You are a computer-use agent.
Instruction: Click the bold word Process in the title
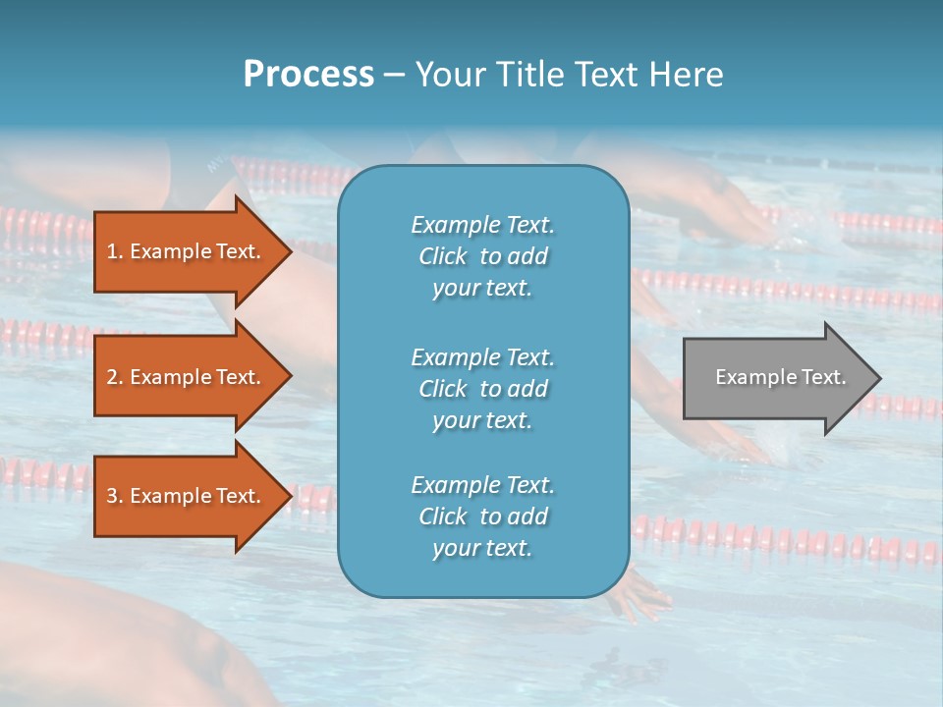pos(308,75)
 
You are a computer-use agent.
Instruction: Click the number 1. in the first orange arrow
pos(115,251)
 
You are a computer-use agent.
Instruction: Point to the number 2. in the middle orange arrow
pos(115,377)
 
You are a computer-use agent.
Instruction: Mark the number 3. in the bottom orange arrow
pos(115,496)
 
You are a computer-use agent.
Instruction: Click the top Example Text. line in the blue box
pos(482,225)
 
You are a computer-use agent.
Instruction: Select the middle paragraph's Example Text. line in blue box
pos(482,357)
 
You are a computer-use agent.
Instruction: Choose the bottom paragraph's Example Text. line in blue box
pos(482,485)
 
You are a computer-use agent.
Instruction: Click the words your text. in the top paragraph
pos(482,289)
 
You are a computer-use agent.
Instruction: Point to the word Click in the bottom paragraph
pos(442,517)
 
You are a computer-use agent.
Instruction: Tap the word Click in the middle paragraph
pos(442,389)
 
